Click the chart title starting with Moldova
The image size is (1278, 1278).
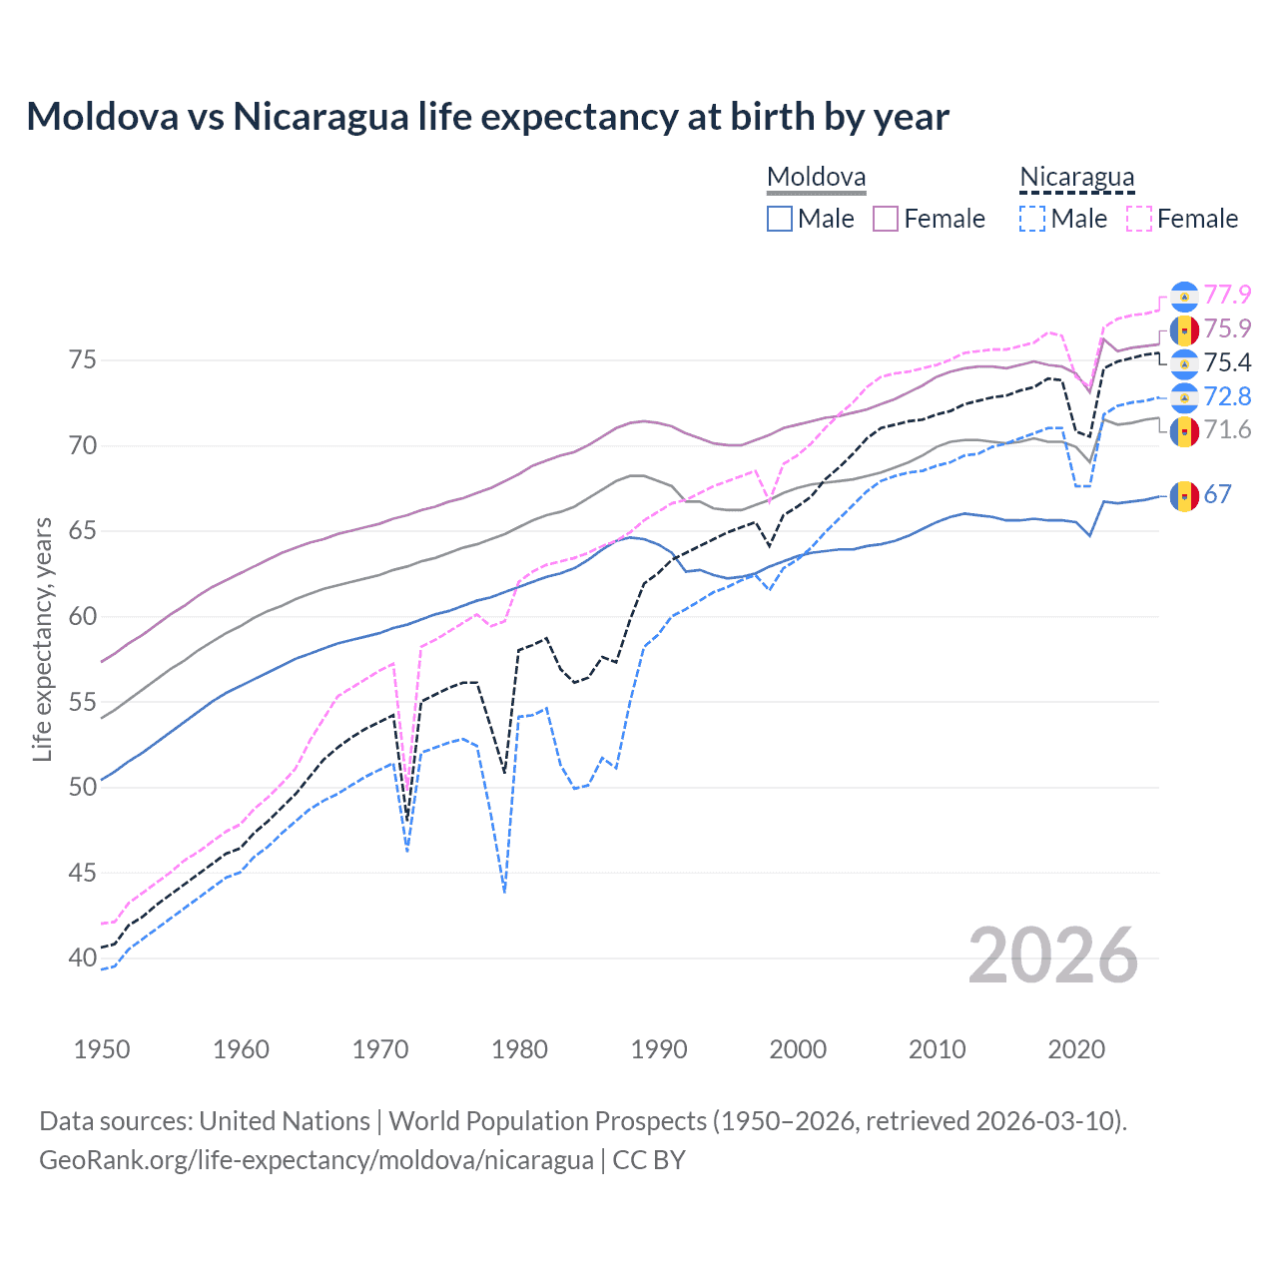point(487,117)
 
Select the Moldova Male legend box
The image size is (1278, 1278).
point(780,219)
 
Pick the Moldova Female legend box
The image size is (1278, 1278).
point(886,219)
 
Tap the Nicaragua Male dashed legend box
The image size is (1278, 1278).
point(1032,219)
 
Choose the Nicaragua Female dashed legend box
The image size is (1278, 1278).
point(1139,219)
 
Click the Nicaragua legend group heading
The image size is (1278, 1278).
point(1076,178)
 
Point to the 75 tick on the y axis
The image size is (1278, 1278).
point(83,359)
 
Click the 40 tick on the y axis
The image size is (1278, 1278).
point(83,958)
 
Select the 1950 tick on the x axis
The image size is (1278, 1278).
point(102,1049)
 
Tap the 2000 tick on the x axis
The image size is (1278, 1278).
point(798,1049)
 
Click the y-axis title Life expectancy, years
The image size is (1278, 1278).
point(43,639)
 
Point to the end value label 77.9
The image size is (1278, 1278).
point(1227,295)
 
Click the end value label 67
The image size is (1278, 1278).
point(1217,494)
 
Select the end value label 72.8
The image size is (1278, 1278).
point(1227,396)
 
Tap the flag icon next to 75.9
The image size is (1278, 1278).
point(1184,328)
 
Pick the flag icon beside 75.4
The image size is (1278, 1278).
point(1184,362)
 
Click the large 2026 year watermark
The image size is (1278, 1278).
point(1052,956)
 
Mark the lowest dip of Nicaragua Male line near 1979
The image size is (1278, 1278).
point(504,892)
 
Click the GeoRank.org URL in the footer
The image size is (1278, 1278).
point(317,1160)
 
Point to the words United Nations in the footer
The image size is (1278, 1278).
point(285,1121)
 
